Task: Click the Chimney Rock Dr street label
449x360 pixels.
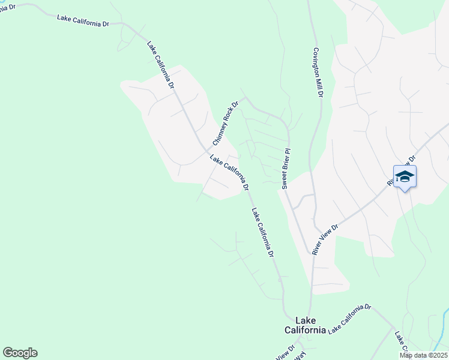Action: click(226, 123)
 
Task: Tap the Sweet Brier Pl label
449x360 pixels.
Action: click(286, 169)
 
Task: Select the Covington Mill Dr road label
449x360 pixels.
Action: click(318, 73)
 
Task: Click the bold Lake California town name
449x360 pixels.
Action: click(305, 325)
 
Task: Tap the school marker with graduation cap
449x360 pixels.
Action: click(405, 177)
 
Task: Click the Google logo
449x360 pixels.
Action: click(20, 353)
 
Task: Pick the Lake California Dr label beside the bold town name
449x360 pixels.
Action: click(349, 318)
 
